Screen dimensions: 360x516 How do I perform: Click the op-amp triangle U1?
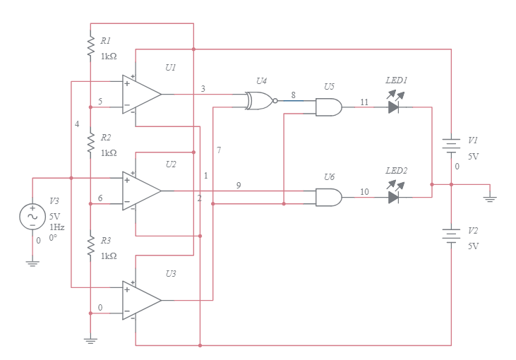click(140, 94)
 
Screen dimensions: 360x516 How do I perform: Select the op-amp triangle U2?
click(140, 191)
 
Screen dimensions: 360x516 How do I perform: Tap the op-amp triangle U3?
click(140, 300)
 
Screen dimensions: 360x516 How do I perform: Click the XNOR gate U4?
click(259, 100)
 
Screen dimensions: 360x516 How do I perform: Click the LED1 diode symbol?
click(394, 107)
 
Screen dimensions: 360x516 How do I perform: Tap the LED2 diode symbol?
click(394, 197)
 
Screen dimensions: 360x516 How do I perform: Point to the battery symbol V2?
click(451, 234)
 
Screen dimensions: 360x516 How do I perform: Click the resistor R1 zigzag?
click(90, 47)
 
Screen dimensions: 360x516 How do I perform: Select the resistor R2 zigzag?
click(90, 143)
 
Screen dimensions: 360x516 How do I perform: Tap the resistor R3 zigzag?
click(90, 246)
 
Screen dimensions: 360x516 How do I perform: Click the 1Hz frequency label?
click(56, 227)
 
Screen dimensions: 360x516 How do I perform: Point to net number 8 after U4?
click(293, 94)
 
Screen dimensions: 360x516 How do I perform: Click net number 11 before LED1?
click(364, 102)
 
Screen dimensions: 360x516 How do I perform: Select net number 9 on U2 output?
click(239, 185)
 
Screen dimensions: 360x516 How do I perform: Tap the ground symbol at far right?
click(489, 197)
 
